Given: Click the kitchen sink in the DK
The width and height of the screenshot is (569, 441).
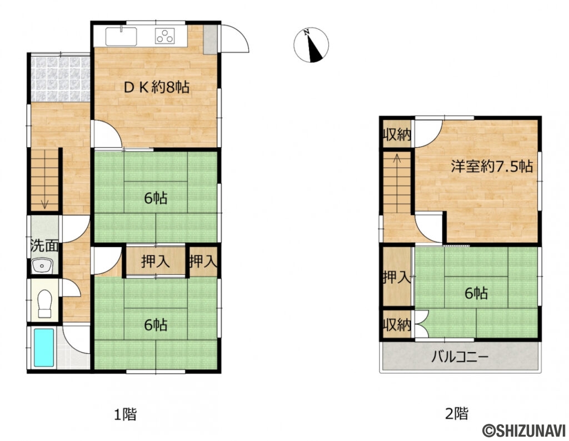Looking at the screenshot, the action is (x=121, y=36).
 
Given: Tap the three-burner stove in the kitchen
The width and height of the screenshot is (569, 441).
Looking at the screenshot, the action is (x=164, y=36).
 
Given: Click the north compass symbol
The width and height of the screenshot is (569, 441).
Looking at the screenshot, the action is (x=311, y=44).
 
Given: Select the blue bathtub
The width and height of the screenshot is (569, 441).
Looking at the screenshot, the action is (x=44, y=348).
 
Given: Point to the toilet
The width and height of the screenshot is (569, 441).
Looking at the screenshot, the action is (x=44, y=304).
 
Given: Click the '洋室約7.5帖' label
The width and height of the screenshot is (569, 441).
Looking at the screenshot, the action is (x=492, y=167).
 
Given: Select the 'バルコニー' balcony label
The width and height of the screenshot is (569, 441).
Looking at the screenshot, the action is (x=460, y=357).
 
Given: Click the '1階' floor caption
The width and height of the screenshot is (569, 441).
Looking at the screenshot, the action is (x=125, y=414).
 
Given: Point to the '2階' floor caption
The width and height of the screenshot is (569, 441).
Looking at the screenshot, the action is (x=457, y=414).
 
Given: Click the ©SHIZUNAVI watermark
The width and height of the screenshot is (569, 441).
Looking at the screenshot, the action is (x=524, y=431).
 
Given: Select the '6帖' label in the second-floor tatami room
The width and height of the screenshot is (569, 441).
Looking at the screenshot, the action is (x=476, y=293).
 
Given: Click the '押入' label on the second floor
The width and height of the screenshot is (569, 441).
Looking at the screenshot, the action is (x=397, y=278).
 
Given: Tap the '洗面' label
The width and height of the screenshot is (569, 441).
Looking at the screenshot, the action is (x=44, y=245).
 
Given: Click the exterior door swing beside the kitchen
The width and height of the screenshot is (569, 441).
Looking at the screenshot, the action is (x=235, y=38).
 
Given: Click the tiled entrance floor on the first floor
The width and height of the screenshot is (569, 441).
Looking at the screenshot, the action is (x=60, y=79).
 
